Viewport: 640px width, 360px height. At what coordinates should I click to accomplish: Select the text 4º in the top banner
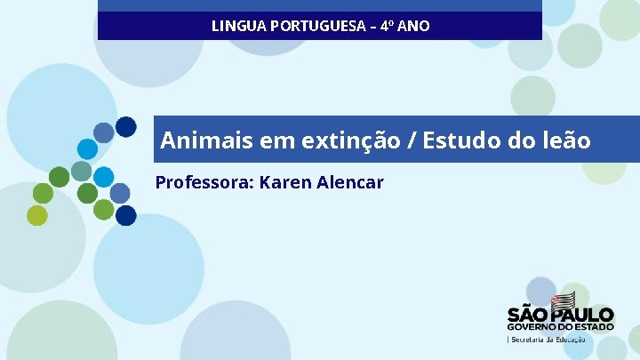(387, 26)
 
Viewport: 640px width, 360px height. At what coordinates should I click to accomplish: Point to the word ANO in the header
(414, 26)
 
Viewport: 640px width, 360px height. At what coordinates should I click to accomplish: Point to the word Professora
(204, 182)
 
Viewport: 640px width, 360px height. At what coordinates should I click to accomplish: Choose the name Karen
(287, 182)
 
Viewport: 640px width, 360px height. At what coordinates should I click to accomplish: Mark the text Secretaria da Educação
(548, 340)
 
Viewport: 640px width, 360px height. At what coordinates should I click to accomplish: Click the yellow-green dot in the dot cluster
(36, 215)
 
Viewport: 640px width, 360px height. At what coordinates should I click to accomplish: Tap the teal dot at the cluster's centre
(81, 171)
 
